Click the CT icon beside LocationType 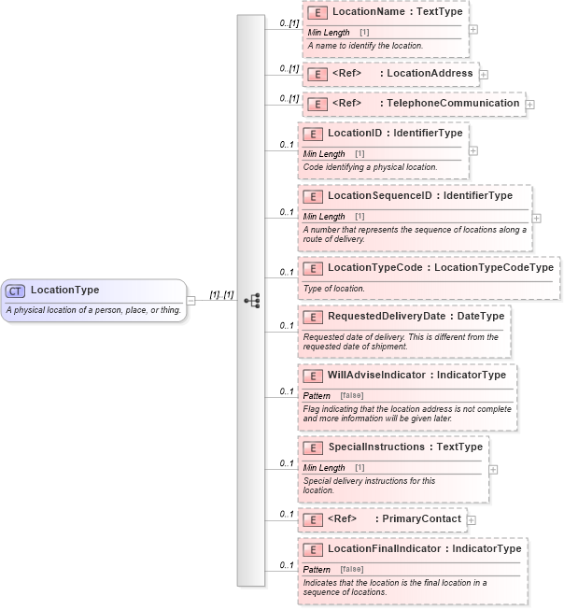click(x=16, y=291)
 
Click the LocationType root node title click(x=64, y=290)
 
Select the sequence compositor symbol click(x=251, y=300)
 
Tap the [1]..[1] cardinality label click(x=221, y=294)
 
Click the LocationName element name click(x=367, y=13)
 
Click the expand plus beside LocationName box click(x=473, y=29)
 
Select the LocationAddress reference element click(x=389, y=74)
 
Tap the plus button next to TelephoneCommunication click(x=530, y=105)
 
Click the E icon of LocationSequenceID click(x=314, y=196)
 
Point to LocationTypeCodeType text click(x=494, y=268)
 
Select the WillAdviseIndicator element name click(x=377, y=376)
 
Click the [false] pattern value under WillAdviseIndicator click(x=352, y=396)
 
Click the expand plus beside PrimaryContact click(x=472, y=519)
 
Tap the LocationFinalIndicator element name click(x=384, y=549)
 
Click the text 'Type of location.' click(x=333, y=289)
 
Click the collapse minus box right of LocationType click(x=191, y=300)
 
